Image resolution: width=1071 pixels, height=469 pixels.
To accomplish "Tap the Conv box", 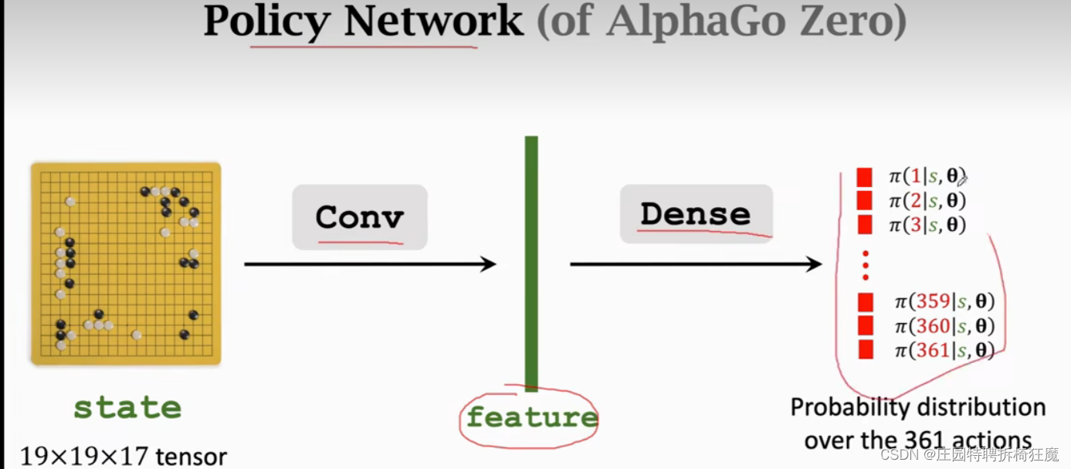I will (359, 216).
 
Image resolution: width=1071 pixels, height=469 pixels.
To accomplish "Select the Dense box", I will (696, 214).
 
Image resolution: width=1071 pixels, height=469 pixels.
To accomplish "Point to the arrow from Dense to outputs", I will (695, 264).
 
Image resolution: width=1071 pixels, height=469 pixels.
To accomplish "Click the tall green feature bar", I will (531, 263).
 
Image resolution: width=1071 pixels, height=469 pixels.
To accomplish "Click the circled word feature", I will (532, 417).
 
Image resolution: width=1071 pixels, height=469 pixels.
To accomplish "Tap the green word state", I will (127, 407).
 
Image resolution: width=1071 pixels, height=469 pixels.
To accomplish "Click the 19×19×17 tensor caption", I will (124, 456).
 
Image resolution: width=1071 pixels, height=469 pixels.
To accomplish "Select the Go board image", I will (126, 263).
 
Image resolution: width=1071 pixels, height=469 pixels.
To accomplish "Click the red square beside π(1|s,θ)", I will (865, 177).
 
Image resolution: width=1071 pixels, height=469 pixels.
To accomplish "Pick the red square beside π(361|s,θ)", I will (866, 350).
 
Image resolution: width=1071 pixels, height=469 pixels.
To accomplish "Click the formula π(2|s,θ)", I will (927, 201).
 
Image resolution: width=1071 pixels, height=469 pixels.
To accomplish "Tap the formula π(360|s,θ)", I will (944, 326).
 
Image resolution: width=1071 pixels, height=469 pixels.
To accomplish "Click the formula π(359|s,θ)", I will (944, 301).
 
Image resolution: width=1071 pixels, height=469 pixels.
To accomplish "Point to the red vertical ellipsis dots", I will (866, 265).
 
